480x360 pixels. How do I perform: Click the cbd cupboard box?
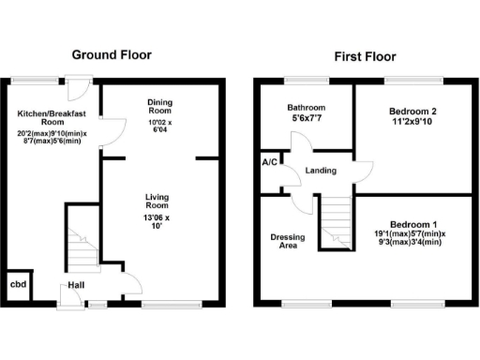coord(18,285)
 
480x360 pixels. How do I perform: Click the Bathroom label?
coord(306,108)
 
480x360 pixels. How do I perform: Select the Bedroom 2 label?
coord(413,111)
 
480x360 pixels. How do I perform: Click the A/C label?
coord(269,162)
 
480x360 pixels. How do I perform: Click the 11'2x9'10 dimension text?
coord(413,123)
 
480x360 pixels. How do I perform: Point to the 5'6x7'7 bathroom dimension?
coord(306,120)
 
